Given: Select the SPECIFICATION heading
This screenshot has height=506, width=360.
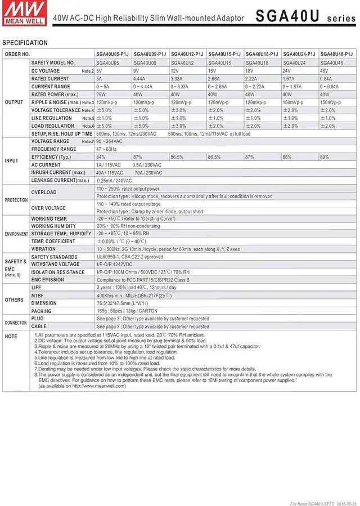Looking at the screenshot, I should coord(25,43).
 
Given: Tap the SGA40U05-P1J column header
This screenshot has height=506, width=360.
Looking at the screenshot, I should coord(112,54).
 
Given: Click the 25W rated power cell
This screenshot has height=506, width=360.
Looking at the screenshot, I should coord(102,95).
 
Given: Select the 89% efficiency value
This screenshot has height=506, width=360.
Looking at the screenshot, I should coord(325,157).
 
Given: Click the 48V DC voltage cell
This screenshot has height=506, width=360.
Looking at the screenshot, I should coord(325,71).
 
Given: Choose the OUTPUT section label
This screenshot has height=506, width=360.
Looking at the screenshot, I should coord(14,102).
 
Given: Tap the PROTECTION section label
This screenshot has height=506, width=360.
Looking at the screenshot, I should coord(16,200).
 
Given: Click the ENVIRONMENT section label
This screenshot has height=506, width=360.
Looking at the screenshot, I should coord(16,234).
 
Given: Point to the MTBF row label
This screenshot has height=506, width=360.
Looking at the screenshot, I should coord(38,295).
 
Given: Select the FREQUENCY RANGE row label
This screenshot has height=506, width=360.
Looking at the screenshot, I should coord(53,149).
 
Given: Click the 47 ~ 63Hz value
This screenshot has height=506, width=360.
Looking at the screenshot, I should coord(107,149).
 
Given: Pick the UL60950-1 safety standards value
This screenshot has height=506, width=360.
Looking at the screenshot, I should coord(129,257).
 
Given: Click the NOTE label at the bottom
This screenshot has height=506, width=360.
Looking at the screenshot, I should coord(11,337).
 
